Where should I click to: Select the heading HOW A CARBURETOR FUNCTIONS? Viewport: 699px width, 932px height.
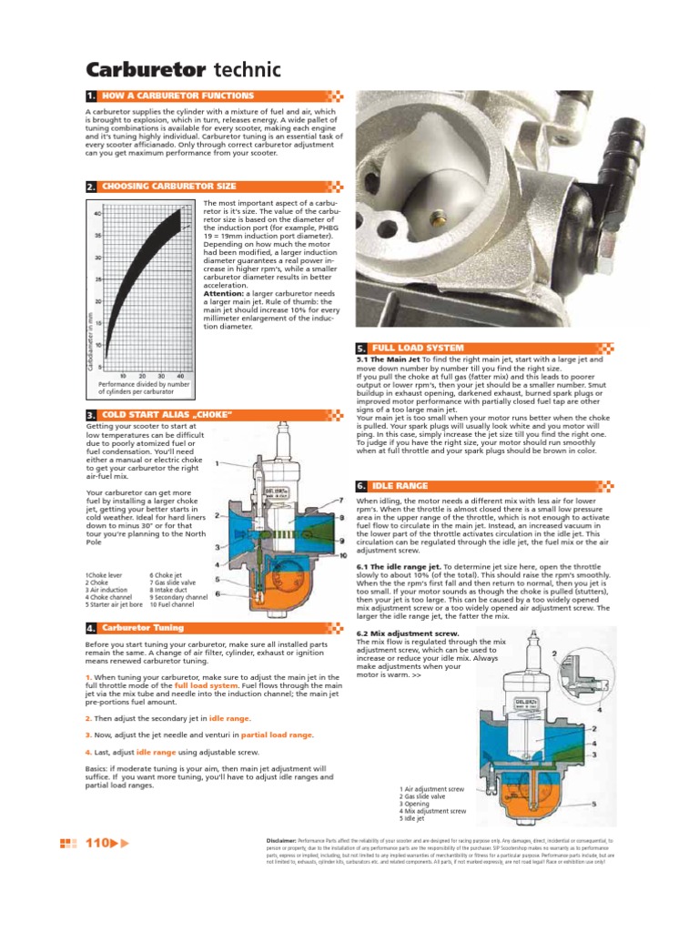point(177,96)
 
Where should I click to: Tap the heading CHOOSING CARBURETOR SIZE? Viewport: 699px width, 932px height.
point(168,187)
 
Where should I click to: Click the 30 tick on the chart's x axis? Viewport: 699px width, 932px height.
point(161,375)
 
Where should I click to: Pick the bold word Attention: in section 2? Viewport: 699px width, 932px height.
point(223,294)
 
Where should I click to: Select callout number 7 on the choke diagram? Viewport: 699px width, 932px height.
point(340,501)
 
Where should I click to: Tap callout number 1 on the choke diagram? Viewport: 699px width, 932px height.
point(217,463)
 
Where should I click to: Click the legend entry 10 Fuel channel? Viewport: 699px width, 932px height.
point(173,604)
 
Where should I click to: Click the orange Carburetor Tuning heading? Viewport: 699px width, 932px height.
point(142,628)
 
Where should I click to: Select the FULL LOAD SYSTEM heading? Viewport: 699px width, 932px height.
point(418,349)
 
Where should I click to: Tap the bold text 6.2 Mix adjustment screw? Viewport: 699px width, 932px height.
point(399,633)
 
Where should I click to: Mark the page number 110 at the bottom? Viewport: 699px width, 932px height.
point(96,843)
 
